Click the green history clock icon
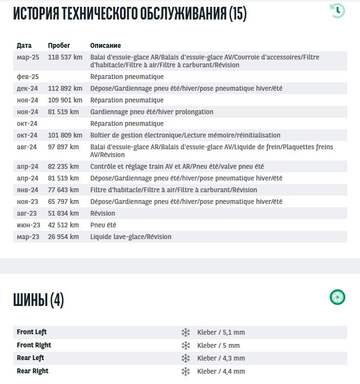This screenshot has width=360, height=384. tap(337, 10)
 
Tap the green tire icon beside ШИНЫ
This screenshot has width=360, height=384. tap(337, 297)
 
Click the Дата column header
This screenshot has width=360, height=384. tap(24, 45)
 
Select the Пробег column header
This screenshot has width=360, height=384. tap(59, 45)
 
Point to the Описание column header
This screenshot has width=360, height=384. tap(105, 45)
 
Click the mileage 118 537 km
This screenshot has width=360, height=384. tap(65, 57)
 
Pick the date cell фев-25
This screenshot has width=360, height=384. tap(28, 77)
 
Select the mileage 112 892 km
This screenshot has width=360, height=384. tap(65, 88)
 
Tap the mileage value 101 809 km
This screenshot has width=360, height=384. tap(65, 135)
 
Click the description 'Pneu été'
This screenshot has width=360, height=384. tap(103, 225)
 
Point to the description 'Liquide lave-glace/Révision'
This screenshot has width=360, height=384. tap(131, 237)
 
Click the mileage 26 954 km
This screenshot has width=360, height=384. tap(63, 237)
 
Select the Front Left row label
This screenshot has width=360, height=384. tap(32, 332)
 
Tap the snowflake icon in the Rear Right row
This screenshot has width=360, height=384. tap(185, 371)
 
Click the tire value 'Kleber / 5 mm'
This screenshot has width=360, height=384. tap(219, 345)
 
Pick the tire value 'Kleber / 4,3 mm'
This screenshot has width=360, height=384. tap(221, 358)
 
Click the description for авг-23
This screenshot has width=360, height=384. tap(102, 213)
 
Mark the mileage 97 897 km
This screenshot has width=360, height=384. tap(63, 147)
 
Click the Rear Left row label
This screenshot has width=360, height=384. tap(31, 358)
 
